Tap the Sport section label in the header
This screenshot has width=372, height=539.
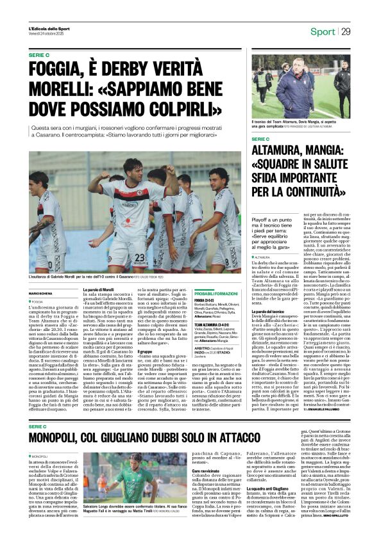coord(323,31)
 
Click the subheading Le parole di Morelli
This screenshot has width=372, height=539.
coord(98,290)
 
